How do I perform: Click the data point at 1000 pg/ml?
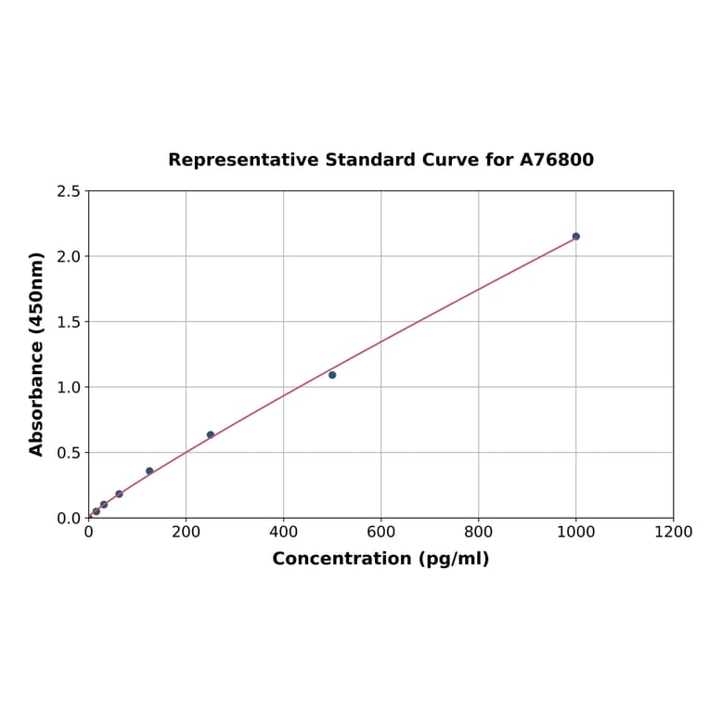(575, 237)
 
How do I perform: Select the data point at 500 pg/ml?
(332, 375)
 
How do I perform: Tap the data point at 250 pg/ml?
(211, 434)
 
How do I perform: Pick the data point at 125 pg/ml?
(149, 471)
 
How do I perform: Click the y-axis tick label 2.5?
(68, 191)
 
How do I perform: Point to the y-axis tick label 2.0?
(68, 256)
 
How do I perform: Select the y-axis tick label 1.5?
(68, 322)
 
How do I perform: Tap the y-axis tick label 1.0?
(68, 387)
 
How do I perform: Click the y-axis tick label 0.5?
(68, 453)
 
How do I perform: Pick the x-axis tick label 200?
(186, 532)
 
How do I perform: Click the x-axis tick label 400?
(283, 532)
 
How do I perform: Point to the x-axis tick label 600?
(380, 532)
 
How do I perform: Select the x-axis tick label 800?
(478, 532)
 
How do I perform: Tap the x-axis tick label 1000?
(575, 532)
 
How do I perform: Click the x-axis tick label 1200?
(673, 532)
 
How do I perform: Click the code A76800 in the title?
(556, 161)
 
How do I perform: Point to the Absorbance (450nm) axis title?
(37, 354)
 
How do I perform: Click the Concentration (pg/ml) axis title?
(380, 559)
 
